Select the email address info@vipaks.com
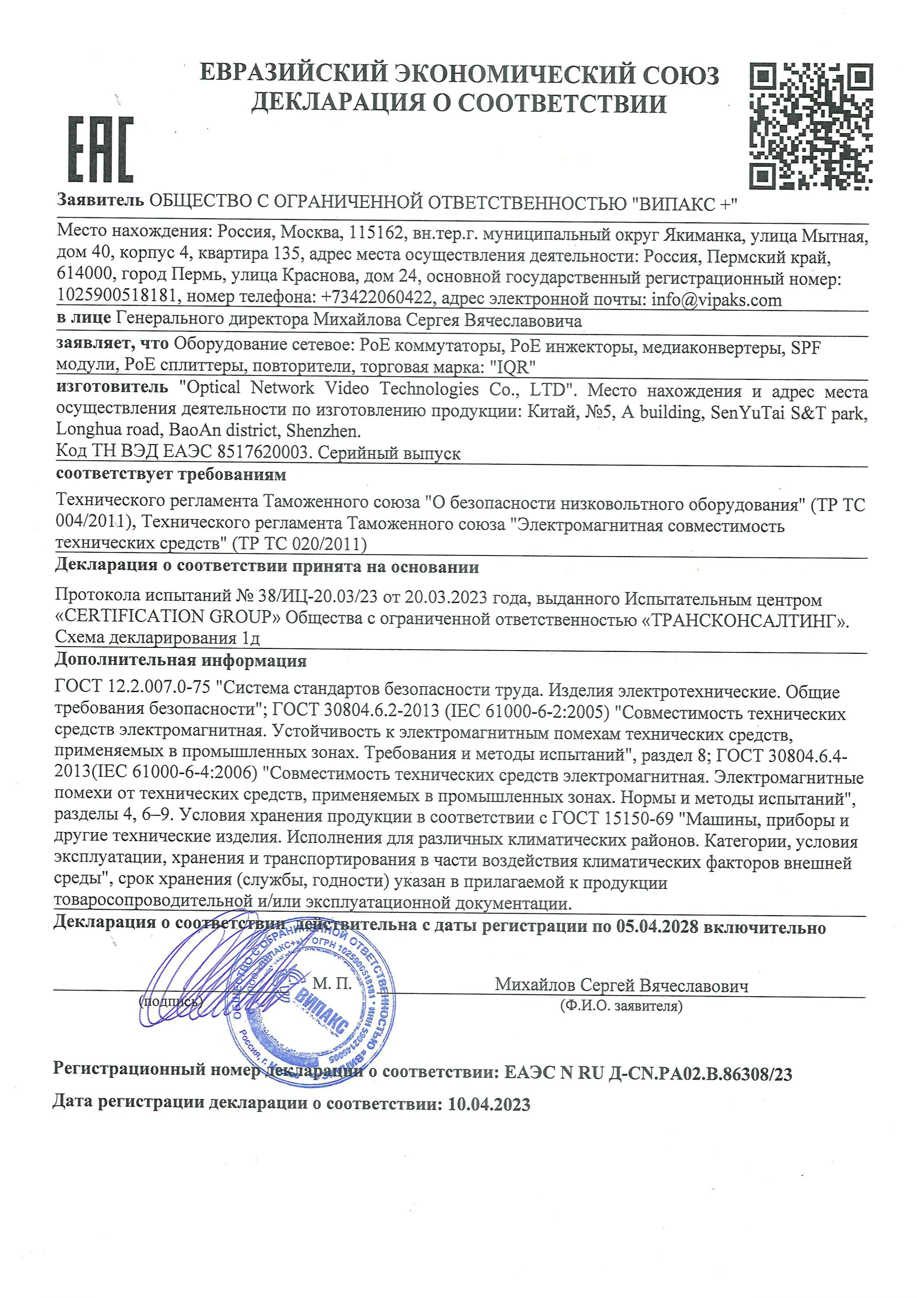point(717,300)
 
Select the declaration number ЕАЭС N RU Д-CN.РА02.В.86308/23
point(647,1073)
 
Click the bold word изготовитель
point(112,387)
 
